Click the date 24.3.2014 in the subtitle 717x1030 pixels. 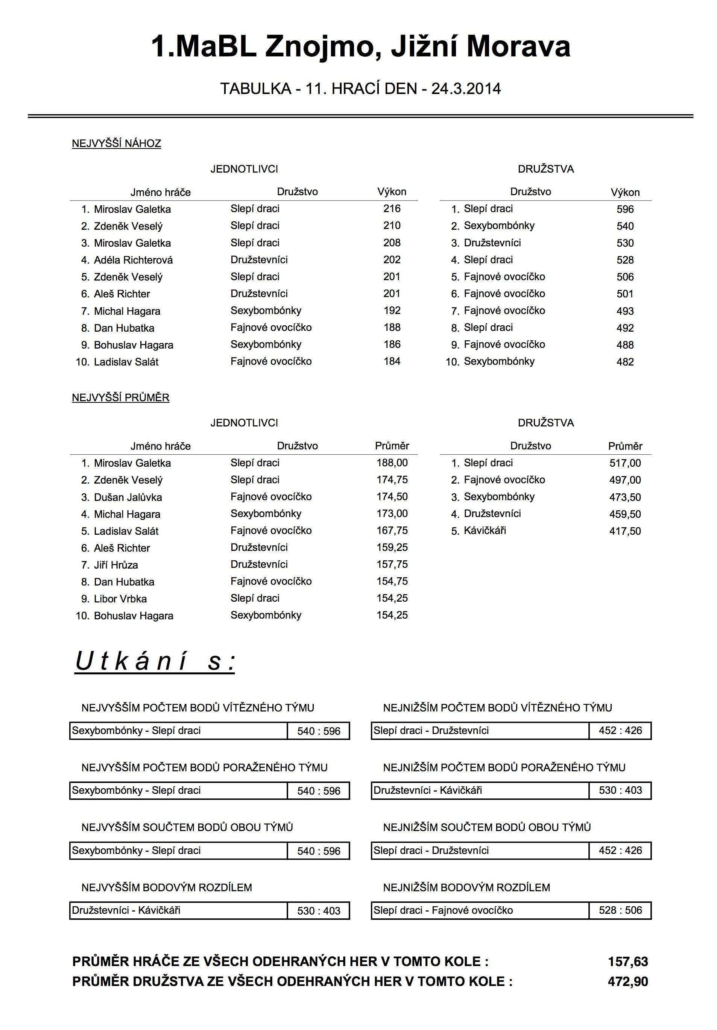pos(466,89)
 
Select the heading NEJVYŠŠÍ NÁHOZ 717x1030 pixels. pos(116,144)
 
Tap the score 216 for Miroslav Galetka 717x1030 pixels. pos(392,209)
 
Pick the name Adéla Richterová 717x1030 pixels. pos(133,260)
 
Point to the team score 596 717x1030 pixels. pos(624,209)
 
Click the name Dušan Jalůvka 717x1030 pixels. pos(128,498)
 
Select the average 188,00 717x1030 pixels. pos(392,463)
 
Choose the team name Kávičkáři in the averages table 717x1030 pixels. pos(485,531)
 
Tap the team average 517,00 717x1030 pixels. pos(624,463)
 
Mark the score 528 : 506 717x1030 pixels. pos(620,910)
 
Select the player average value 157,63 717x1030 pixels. pos(628,961)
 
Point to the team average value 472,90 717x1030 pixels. pos(628,981)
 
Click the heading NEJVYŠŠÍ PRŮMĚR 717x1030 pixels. pos(121,398)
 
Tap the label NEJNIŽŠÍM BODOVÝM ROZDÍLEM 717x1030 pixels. pos(466,887)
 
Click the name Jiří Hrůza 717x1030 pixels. pos(115,565)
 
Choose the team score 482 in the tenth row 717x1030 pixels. pos(624,362)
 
